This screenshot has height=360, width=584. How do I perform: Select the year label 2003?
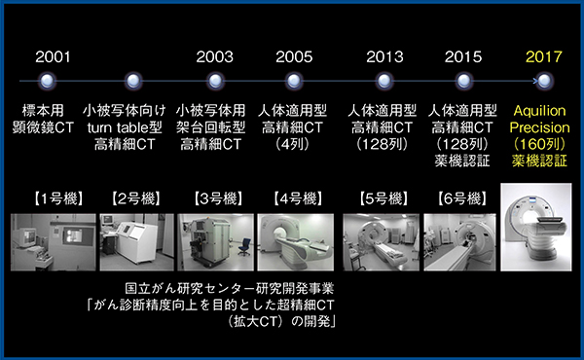click(x=215, y=55)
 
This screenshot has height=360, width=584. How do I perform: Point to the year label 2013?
click(x=384, y=55)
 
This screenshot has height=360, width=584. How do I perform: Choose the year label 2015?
click(x=463, y=55)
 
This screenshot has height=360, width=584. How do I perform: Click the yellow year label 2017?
click(x=543, y=55)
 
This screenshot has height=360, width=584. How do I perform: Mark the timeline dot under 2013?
click(x=384, y=81)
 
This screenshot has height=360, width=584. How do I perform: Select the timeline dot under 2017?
click(x=543, y=81)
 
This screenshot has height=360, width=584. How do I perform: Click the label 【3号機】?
click(x=215, y=201)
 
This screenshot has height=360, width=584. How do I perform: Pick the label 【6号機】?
click(x=463, y=201)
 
